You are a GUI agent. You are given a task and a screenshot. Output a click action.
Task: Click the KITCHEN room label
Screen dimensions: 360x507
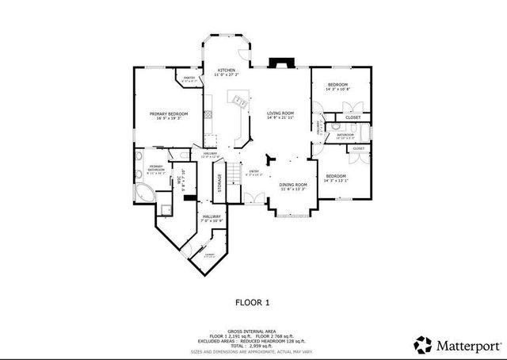tap(226, 71)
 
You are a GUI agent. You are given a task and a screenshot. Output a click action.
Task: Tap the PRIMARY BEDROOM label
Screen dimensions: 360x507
tap(169, 114)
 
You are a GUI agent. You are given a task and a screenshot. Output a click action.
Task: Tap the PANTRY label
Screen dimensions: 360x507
tap(189, 78)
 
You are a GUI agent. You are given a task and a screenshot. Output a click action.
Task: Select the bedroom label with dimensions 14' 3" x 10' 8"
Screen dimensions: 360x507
tap(339, 84)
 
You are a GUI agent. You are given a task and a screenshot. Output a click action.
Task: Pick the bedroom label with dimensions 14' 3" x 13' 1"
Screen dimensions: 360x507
tap(336, 176)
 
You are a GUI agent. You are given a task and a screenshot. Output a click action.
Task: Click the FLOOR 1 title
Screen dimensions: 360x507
tap(253, 301)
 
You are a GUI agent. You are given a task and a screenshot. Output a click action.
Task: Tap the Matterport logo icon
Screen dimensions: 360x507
tap(422, 344)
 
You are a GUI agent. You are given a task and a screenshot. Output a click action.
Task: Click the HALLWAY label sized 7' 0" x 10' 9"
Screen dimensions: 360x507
tap(211, 217)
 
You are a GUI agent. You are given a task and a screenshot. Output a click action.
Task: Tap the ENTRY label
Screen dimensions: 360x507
tap(253, 170)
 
